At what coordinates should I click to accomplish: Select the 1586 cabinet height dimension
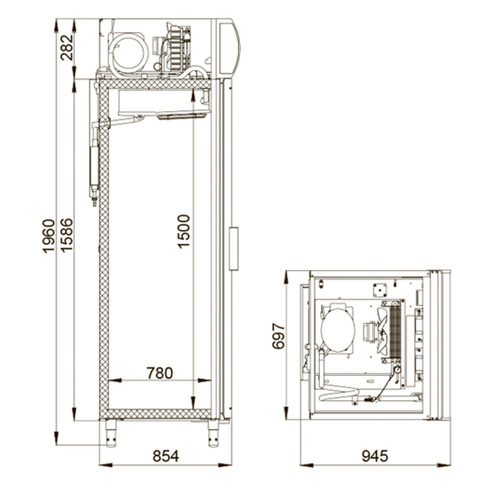click(67, 235)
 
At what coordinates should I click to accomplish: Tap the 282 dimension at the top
click(67, 47)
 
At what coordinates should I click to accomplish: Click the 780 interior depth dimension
click(160, 373)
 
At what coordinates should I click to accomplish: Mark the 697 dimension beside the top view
click(279, 336)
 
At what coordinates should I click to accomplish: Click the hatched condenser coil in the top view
click(396, 331)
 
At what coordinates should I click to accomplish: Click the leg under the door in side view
click(213, 433)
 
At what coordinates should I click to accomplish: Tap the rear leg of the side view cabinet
click(111, 433)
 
